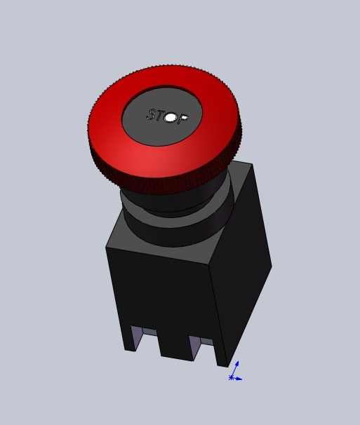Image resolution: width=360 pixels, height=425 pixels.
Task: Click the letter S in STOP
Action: point(152,114)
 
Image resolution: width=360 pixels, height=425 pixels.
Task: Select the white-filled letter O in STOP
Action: point(171,118)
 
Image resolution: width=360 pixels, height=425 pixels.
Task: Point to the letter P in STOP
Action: point(182,119)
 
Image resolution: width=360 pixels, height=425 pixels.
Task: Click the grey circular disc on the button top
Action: point(162,116)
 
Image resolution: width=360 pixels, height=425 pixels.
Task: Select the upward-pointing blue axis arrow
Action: point(234,369)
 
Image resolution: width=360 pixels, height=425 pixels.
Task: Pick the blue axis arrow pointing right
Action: point(236,379)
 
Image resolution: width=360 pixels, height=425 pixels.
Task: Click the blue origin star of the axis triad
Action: point(231,377)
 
